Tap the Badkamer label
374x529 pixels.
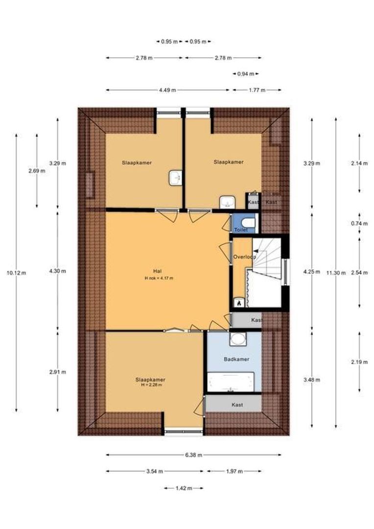(236, 360)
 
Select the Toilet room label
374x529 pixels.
(241, 230)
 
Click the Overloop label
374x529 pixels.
(244, 257)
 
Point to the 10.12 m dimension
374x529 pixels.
(16, 273)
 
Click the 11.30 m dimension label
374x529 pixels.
(335, 273)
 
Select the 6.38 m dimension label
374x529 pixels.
(193, 455)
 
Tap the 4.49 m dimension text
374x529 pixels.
(167, 90)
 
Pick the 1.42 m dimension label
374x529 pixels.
(184, 488)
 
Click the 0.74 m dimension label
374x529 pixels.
(359, 223)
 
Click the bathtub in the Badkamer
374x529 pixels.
(231, 382)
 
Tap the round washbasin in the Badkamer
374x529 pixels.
(238, 339)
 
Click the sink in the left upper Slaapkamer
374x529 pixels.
(176, 178)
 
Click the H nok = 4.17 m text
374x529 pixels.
(159, 278)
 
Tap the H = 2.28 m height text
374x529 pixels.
(151, 385)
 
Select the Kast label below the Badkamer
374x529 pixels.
(237, 405)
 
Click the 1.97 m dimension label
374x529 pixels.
(234, 471)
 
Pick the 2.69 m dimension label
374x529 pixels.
(37, 171)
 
